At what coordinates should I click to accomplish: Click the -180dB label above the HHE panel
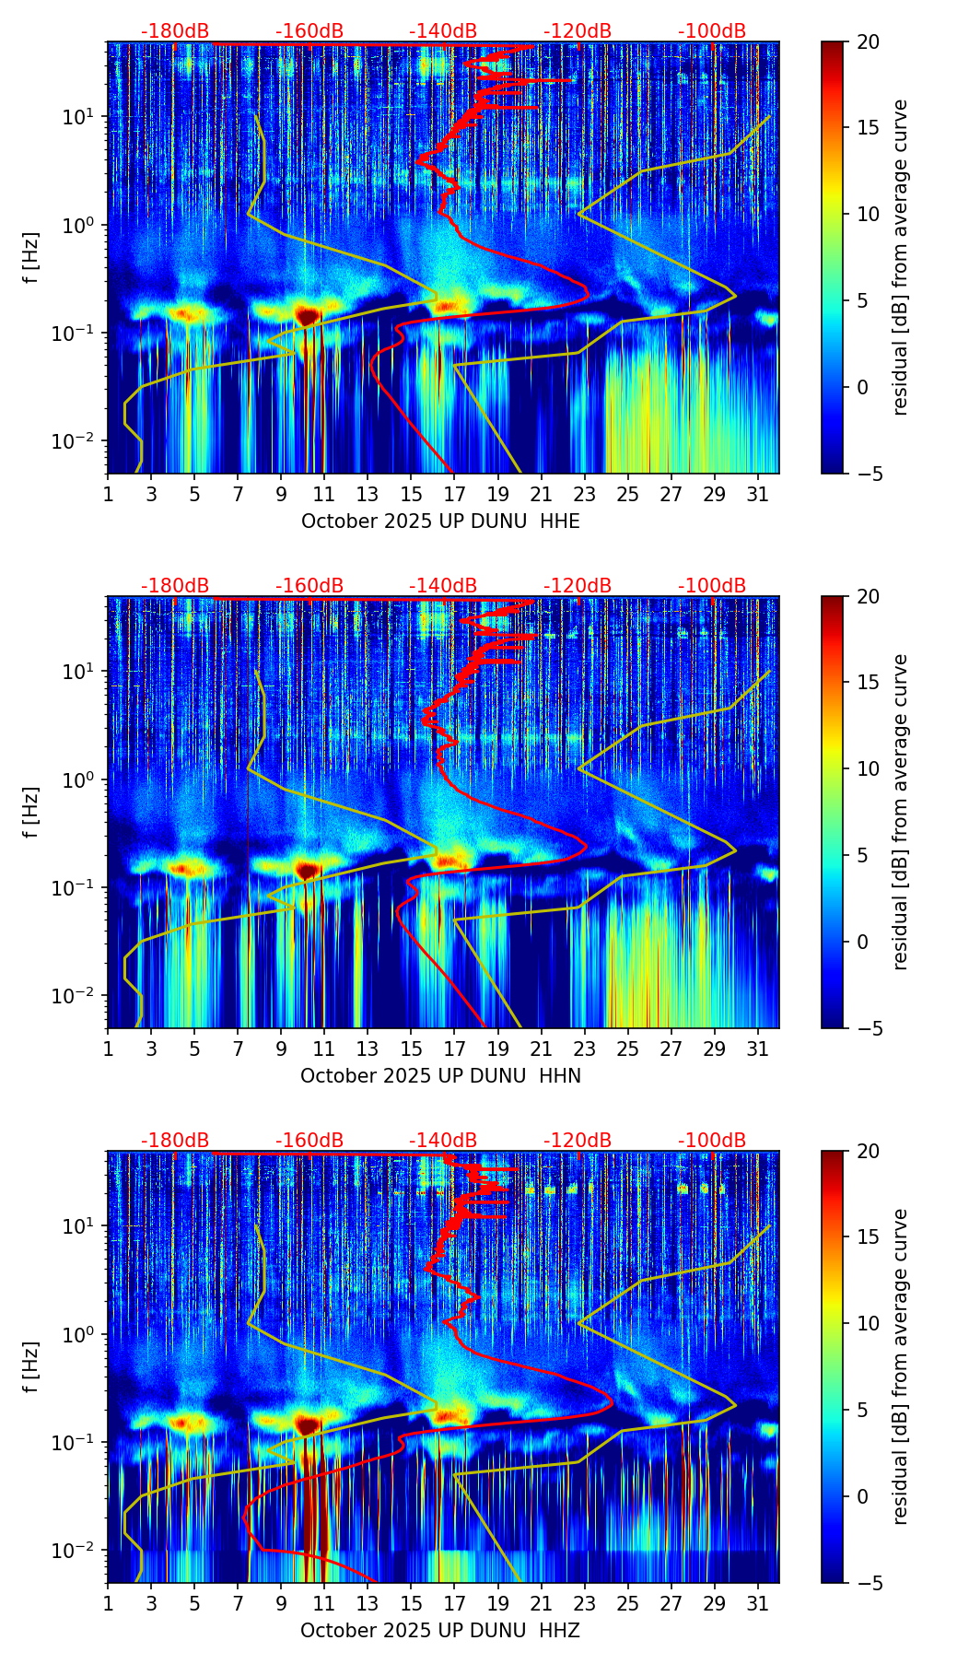(x=175, y=31)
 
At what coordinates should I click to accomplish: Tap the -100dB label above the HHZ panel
(x=712, y=1141)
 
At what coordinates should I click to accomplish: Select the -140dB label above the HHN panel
(x=443, y=586)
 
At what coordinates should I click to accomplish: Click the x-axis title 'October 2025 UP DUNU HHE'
(x=440, y=521)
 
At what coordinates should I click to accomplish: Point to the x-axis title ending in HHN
(x=440, y=1076)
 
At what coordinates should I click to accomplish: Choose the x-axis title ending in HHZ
(x=440, y=1631)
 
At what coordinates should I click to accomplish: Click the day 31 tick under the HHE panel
(x=758, y=495)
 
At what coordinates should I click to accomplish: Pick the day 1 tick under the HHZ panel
(x=108, y=1604)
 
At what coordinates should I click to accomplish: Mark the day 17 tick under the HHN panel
(x=455, y=1049)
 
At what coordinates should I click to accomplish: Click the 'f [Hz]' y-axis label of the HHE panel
(x=31, y=258)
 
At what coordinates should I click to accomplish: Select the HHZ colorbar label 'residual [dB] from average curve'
(x=901, y=1366)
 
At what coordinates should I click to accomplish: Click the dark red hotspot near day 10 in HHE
(x=308, y=315)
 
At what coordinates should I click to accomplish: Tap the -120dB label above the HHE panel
(x=578, y=31)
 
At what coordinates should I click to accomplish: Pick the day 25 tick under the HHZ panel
(x=628, y=1604)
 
